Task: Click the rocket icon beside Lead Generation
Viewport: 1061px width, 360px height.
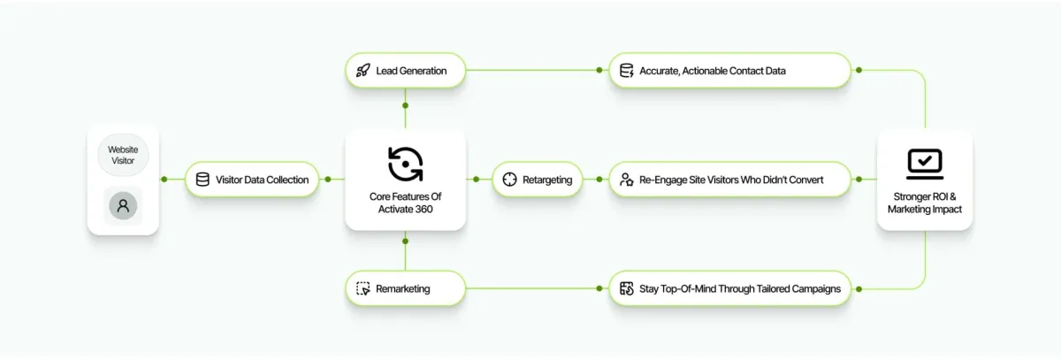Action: (363, 71)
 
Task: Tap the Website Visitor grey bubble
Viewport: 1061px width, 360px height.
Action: (123, 156)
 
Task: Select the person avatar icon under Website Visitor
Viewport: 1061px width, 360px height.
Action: (123, 206)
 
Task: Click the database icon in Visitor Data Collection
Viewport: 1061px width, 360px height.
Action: (202, 180)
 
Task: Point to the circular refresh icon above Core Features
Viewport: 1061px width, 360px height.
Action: (405, 164)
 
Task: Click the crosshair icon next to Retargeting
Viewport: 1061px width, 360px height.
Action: (509, 180)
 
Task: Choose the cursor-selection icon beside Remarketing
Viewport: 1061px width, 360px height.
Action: (363, 288)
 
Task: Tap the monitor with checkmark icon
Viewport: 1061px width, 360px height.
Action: (925, 164)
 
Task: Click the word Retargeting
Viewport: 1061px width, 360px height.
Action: (547, 180)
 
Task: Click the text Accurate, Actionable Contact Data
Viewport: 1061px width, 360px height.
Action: (713, 71)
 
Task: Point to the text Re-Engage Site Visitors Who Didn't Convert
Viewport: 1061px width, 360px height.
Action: (731, 180)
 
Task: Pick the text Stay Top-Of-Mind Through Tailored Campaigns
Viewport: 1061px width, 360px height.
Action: (740, 288)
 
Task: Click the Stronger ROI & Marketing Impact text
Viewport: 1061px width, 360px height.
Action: (925, 203)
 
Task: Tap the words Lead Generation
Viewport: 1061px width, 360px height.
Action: (411, 71)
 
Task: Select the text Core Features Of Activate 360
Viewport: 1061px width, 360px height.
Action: (405, 203)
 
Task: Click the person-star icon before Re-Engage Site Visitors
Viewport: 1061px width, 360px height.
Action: (626, 180)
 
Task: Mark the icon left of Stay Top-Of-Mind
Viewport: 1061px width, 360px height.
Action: (626, 288)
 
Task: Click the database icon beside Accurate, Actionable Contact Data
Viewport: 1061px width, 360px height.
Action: (626, 71)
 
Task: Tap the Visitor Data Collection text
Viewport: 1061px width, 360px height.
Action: (263, 180)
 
